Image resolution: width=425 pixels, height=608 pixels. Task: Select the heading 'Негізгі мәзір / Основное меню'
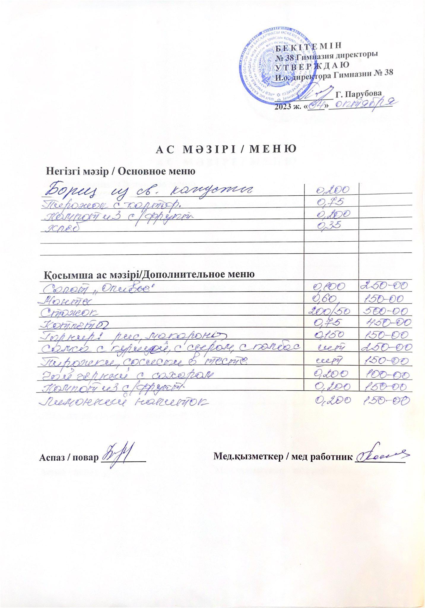(120, 171)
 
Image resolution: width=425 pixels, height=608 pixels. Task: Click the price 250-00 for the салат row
(383, 286)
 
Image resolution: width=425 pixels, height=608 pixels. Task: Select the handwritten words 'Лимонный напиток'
(123, 402)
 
